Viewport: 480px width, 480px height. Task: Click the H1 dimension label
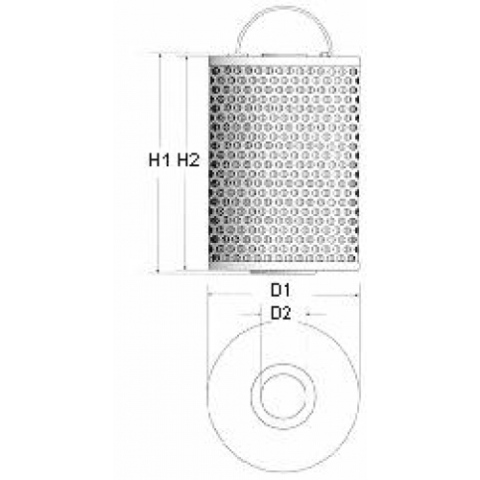(159, 159)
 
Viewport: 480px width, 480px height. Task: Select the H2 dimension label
(188, 159)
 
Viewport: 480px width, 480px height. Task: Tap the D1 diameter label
(280, 290)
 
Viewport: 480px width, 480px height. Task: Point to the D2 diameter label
(281, 313)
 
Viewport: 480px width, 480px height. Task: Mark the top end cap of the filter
(284, 61)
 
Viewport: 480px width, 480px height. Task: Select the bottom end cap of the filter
(284, 266)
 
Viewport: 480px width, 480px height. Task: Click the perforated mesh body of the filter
(284, 164)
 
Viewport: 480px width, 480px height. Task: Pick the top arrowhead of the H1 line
(159, 57)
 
